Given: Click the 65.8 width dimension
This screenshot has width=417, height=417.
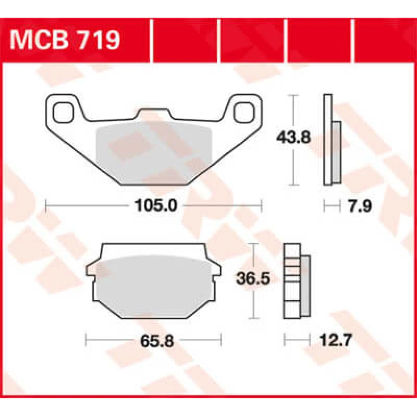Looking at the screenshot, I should [x=154, y=341].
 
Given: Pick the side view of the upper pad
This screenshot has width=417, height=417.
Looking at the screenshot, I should [x=330, y=140].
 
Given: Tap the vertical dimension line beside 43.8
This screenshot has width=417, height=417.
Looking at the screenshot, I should [x=295, y=167].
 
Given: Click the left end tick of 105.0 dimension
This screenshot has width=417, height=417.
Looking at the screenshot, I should [x=46, y=206].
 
